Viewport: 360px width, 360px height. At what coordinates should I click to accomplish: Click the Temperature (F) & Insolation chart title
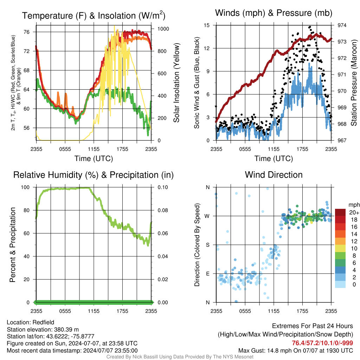point(94,15)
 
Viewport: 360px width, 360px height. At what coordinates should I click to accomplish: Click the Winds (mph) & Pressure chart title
point(274,13)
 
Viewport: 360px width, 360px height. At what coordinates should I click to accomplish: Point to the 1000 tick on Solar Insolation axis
point(163,29)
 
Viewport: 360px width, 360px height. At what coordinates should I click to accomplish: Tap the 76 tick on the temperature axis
point(27,32)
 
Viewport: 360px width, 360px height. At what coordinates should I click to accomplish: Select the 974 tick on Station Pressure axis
point(342,25)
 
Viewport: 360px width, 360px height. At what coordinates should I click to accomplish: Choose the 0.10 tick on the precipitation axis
point(163,187)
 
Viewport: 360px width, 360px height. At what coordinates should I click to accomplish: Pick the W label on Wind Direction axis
point(207,216)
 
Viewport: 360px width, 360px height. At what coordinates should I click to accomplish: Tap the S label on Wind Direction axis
point(207,245)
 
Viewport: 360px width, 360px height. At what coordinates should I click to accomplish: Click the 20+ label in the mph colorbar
point(354,212)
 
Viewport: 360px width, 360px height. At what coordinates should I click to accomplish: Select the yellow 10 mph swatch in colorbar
point(340,249)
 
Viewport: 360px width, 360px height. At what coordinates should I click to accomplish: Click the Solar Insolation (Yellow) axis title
point(176,83)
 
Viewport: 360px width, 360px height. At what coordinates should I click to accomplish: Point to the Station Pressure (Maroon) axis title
point(354,83)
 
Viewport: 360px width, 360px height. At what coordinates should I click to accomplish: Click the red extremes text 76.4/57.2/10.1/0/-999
point(322,343)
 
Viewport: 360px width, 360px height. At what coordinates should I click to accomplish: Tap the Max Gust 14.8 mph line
point(296,351)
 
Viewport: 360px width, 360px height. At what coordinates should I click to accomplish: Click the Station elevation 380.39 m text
point(43,329)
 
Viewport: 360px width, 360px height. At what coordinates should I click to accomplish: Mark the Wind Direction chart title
point(274,175)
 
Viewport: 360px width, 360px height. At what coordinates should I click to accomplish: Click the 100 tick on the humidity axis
point(25,187)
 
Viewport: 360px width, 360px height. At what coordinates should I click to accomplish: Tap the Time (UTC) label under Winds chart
point(274,159)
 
